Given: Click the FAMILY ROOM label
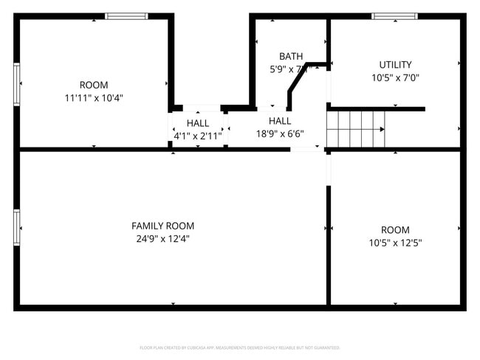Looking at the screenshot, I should [x=162, y=226].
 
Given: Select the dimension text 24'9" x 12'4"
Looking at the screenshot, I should [x=162, y=238].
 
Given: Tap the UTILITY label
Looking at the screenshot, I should [x=395, y=65].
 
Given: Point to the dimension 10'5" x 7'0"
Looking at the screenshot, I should [x=395, y=77].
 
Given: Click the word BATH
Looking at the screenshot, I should [x=290, y=57].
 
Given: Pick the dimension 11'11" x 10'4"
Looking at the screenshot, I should [x=94, y=97].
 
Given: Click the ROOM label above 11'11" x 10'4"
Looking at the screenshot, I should [x=94, y=85].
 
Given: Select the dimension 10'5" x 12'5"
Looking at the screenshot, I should [x=395, y=243].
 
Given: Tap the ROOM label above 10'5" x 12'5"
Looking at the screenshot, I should [x=395, y=230].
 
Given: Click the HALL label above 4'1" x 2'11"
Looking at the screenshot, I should [x=197, y=123].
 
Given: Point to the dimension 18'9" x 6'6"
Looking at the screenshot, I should [x=280, y=134].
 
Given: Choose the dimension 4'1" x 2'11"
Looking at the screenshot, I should [x=197, y=136].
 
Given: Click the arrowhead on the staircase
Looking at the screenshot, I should [x=381, y=129].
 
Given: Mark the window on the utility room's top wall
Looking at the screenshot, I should [x=394, y=16].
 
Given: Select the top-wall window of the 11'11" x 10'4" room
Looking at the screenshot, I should [x=126, y=16].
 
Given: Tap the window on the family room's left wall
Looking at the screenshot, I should [x=16, y=227].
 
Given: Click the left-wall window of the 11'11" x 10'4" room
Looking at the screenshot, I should [x=16, y=85].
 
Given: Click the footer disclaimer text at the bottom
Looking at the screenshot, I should [x=240, y=347].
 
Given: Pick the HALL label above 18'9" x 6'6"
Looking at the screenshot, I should [x=280, y=121].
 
